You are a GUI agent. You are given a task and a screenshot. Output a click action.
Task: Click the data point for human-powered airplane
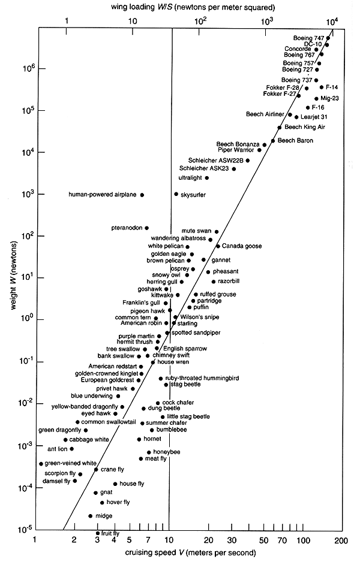(x=142, y=195)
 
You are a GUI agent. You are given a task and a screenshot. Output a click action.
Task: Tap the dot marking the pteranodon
(x=146, y=228)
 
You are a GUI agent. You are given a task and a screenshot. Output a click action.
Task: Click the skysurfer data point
(x=176, y=194)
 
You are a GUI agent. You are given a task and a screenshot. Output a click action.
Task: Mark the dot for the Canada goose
(x=218, y=246)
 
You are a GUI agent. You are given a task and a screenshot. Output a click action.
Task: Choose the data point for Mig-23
(x=316, y=98)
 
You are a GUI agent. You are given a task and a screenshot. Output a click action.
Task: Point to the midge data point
(x=91, y=515)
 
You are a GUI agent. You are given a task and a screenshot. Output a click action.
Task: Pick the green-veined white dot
(x=41, y=463)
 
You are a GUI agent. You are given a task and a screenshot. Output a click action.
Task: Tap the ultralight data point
(x=207, y=178)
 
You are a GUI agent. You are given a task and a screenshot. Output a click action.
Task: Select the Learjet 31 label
(x=317, y=117)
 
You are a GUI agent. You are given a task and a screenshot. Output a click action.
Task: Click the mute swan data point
(x=217, y=231)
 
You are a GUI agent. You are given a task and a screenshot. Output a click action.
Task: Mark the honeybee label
(x=167, y=451)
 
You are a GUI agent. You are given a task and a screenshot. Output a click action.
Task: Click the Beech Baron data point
(x=273, y=141)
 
